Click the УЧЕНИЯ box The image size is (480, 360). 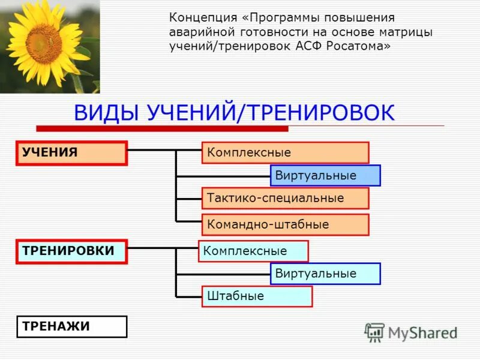click(x=71, y=153)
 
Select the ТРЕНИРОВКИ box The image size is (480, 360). click(x=71, y=251)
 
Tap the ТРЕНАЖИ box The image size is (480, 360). click(x=71, y=327)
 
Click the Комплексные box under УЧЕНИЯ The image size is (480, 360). click(x=285, y=153)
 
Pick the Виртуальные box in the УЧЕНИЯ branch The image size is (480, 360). click(x=325, y=176)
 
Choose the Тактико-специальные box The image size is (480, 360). click(x=285, y=198)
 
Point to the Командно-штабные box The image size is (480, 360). click(x=285, y=224)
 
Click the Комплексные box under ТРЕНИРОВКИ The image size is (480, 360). click(x=253, y=251)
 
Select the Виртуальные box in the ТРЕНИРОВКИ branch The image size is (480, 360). click(x=325, y=274)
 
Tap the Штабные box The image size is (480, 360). click(x=257, y=296)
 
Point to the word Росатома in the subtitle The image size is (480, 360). click(x=361, y=47)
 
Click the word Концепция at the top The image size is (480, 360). click(x=197, y=18)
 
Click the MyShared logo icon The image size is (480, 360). click(x=374, y=332)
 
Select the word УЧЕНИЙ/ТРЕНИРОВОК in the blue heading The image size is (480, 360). click(x=271, y=113)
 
